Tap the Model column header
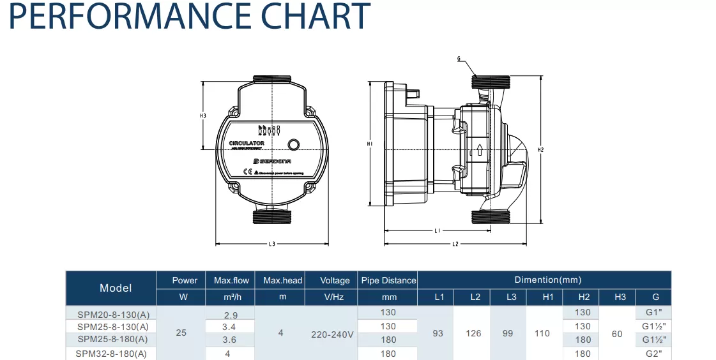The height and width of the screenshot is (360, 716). (x=116, y=288)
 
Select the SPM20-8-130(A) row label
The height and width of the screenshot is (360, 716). (x=112, y=313)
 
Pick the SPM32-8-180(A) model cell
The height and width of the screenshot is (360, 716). (x=112, y=354)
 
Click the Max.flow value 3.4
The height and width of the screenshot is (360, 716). (x=230, y=326)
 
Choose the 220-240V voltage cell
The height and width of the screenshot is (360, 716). (x=331, y=334)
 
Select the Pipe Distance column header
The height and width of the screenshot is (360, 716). (x=388, y=280)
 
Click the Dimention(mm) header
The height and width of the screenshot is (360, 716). (x=547, y=280)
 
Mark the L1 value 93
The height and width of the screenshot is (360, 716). (x=438, y=333)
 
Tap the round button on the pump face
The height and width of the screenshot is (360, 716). (x=294, y=144)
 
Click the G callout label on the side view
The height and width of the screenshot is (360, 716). (x=459, y=59)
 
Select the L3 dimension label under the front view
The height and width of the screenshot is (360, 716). (x=271, y=244)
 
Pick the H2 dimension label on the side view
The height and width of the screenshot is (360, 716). (x=540, y=150)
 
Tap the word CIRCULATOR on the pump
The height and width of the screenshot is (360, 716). (x=247, y=143)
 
